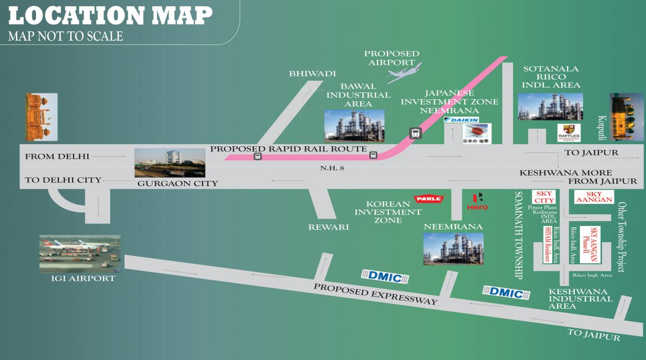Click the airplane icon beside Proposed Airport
(404, 73)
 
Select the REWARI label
(328, 227)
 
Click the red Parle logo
(429, 198)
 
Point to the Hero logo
(477, 201)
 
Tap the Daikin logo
(462, 120)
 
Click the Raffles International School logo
(569, 133)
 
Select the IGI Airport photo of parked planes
(80, 254)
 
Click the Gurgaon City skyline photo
(170, 163)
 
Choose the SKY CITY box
(544, 197)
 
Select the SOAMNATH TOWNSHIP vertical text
(519, 235)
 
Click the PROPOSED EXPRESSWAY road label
(375, 294)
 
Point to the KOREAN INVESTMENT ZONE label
(388, 212)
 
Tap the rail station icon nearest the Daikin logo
(415, 133)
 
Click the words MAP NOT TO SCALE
(66, 36)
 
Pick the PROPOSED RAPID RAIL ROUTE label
(289, 149)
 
